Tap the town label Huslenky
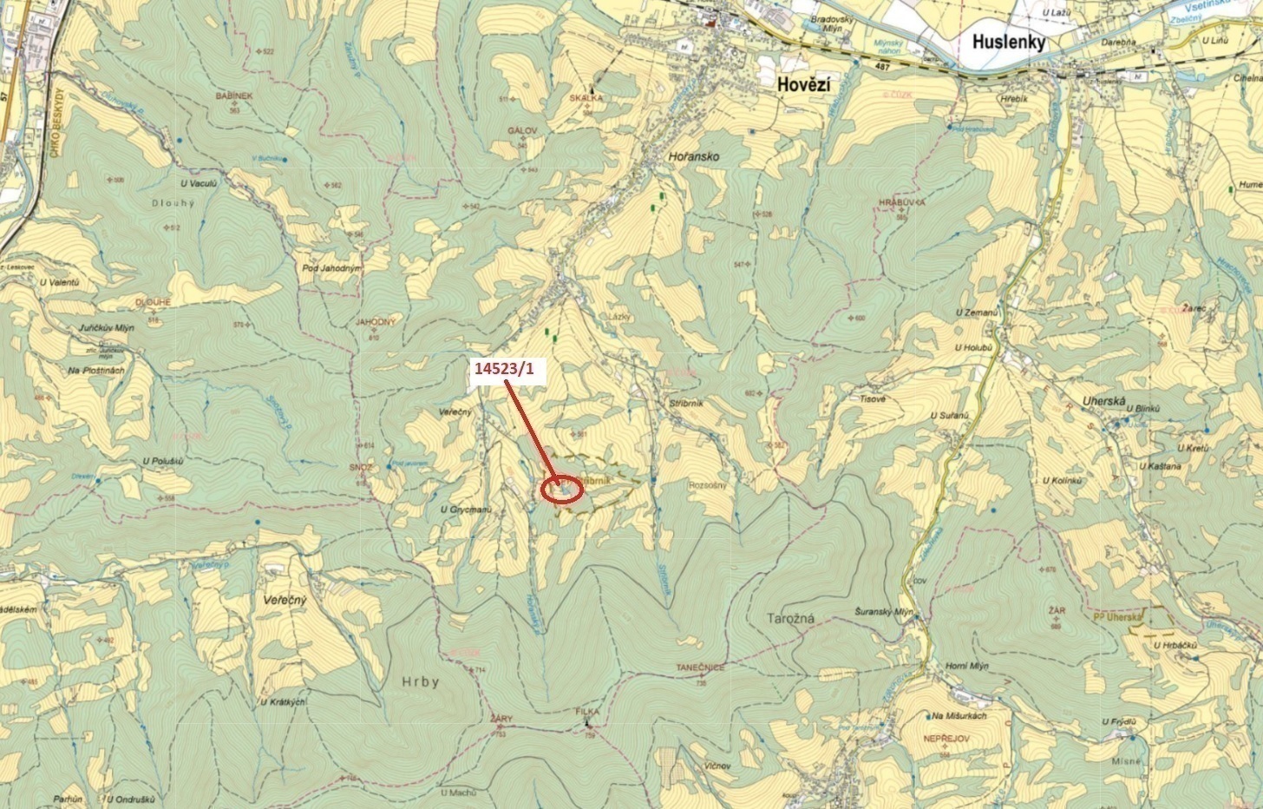tap(1009, 43)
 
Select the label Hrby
tap(421, 682)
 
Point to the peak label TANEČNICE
tap(700, 668)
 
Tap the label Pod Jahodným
tap(331, 268)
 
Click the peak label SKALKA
tap(586, 99)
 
